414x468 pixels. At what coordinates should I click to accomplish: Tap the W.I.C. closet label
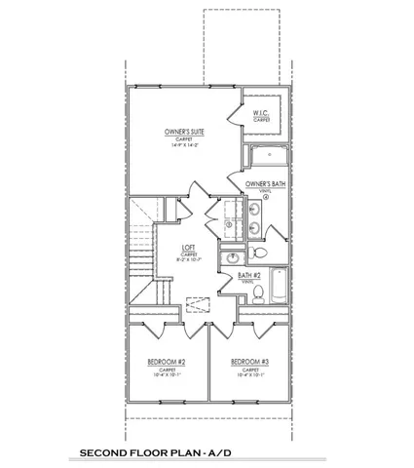tap(262, 113)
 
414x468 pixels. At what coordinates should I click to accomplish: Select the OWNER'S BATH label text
tap(265, 183)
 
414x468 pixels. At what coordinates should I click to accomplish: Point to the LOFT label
tap(188, 248)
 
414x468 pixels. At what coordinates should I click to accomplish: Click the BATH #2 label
tap(250, 276)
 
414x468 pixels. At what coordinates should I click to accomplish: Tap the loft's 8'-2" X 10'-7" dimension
tap(188, 262)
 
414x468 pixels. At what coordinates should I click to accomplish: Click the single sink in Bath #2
tap(235, 258)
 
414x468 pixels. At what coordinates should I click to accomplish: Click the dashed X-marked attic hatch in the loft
tap(200, 305)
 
